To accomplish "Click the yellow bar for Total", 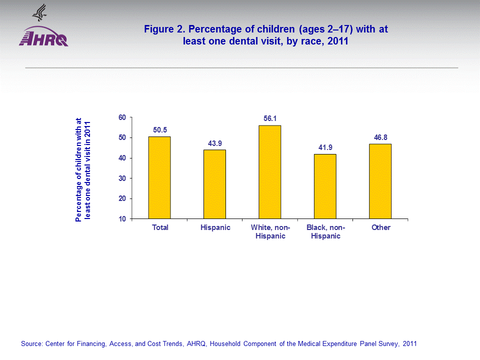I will tap(160, 177).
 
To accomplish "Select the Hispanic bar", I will tap(215, 184).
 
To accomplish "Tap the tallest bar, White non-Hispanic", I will tap(270, 172).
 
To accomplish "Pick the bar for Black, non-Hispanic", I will tap(325, 186).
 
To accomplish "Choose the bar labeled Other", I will tap(380, 181).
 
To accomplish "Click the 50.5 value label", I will tap(160, 130).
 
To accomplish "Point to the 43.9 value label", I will tap(215, 143).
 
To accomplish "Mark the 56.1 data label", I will tap(270, 118).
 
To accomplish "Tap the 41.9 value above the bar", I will tap(325, 147).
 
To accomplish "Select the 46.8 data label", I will tap(380, 137).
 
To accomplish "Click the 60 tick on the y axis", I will tap(121, 117).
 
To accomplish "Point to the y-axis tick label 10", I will tap(121, 219).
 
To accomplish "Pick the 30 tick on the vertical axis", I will tap(121, 178).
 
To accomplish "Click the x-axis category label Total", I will tap(160, 227).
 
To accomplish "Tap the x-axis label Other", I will tap(380, 227).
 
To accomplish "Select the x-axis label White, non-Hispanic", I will tap(270, 231).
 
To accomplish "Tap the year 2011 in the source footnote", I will tap(409, 344).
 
